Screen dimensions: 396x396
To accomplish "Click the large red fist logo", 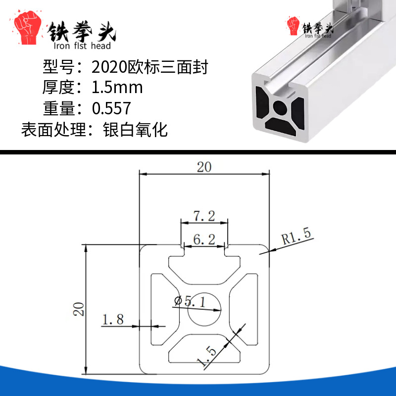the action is coord(27,27).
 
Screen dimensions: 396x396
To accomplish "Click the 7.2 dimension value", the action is coord(204,216).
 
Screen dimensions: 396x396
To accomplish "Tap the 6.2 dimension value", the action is coord(204,239).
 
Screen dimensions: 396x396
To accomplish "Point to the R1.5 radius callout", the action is coord(296,236).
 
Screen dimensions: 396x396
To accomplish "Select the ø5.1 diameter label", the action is coord(190,301).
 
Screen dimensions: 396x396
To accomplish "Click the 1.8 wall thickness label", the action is coord(113,319).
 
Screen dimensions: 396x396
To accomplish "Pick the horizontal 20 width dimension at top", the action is coord(204,167).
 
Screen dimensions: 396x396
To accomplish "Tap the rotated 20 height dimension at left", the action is coord(79,309).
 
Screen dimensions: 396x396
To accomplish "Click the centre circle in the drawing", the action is coord(204,309).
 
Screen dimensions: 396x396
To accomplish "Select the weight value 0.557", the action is coord(111,108).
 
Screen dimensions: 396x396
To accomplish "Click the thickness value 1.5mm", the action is coord(117,88).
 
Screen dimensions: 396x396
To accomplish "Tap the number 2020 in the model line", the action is coord(109,67).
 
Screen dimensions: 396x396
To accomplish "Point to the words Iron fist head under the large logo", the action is coord(82,46).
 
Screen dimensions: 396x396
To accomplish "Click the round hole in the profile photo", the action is coord(280,107).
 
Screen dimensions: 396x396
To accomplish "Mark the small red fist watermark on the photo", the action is coord(293,26).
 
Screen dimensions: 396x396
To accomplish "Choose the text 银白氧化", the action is coord(135,130).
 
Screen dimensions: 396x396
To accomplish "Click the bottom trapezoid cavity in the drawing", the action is coord(204,349).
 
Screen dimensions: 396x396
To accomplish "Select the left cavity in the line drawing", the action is coord(165,309).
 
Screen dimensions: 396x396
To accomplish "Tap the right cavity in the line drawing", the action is coord(244,309).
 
